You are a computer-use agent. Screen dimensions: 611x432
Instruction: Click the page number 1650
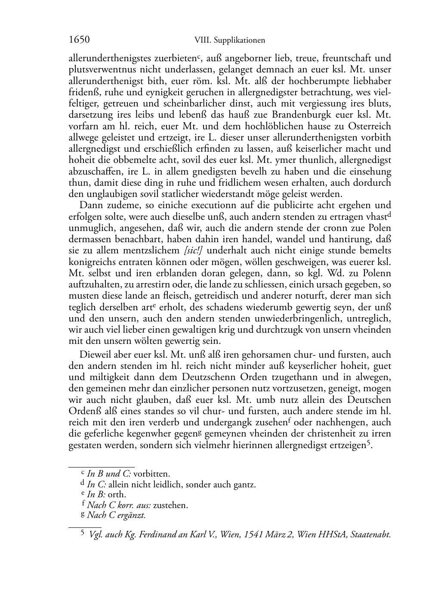tap(79, 40)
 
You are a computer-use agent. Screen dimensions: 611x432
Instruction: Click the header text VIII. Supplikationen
tap(229, 41)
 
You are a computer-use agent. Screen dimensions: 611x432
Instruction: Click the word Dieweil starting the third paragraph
tap(94, 355)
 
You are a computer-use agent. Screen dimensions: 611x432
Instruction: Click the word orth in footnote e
tap(117, 494)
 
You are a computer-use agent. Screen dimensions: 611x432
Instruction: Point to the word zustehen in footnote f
tap(170, 505)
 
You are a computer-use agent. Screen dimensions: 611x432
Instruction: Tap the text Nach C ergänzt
tap(116, 515)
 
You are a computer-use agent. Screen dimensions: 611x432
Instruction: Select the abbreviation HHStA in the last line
tap(333, 535)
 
